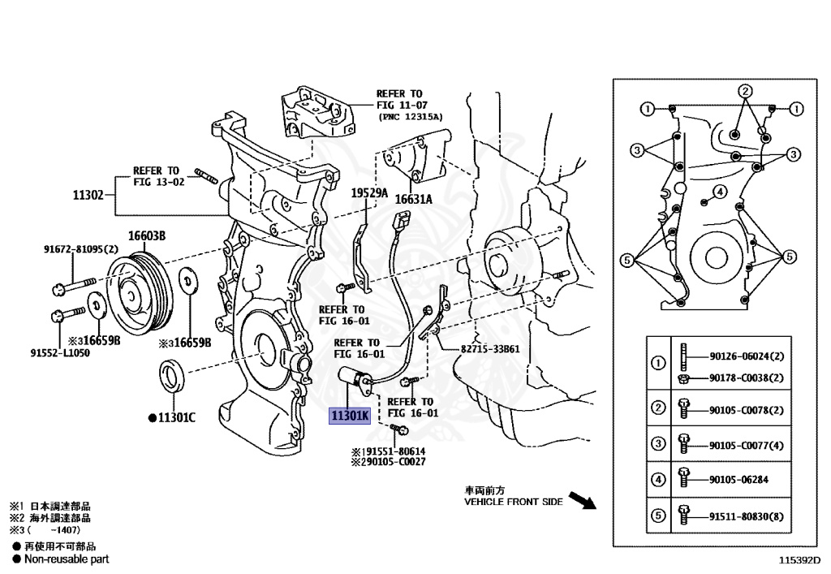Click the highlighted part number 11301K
pos(349,416)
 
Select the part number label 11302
pos(88,195)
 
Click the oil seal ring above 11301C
pos(173,377)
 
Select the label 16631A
pos(414,199)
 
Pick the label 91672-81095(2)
pos(81,249)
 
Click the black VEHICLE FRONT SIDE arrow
pos(581,498)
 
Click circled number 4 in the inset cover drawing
pos(718,192)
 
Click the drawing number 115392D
pos(799,560)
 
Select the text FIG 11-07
pos(402,106)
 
